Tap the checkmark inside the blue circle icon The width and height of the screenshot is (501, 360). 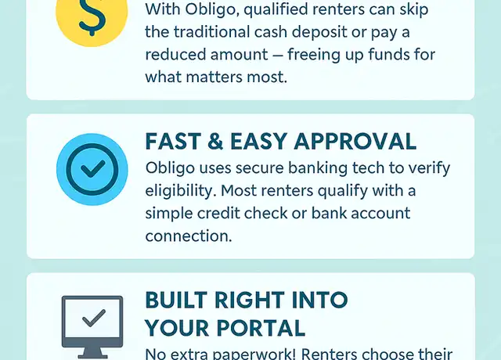[x=92, y=169]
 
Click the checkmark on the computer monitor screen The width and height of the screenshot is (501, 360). [x=94, y=319]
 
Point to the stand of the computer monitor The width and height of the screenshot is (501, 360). [x=92, y=353]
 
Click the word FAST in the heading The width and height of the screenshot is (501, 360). [x=173, y=141]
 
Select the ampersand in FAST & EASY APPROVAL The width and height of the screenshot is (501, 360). [x=215, y=141]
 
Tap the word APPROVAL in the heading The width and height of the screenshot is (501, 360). [x=355, y=141]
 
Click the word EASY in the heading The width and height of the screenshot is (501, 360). [x=259, y=141]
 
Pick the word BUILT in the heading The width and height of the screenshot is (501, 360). [x=177, y=300]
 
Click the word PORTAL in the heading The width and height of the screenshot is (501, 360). [x=263, y=328]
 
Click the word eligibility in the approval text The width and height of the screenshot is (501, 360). [x=180, y=191]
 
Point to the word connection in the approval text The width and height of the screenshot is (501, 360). [x=189, y=236]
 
